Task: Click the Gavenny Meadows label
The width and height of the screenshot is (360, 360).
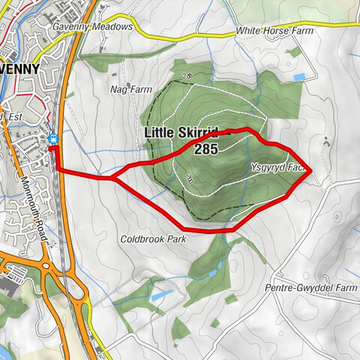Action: pos(92,26)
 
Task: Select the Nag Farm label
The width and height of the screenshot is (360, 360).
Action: pos(125,88)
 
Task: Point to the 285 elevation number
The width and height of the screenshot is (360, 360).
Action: pos(205,150)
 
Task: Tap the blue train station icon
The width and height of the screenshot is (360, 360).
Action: pos(54,138)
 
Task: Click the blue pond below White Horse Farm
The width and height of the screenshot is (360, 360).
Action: pos(299,77)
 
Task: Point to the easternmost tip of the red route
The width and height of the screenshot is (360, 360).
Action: pos(310,173)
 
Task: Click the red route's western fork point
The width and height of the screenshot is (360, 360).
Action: pos(115,178)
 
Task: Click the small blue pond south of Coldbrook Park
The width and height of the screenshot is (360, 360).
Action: pos(158,296)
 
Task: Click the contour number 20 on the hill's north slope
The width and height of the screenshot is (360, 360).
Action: pos(186,76)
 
